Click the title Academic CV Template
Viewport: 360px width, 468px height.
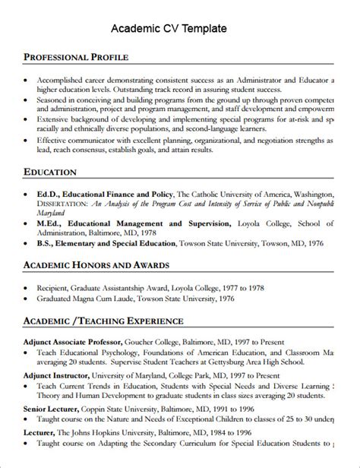point(169,29)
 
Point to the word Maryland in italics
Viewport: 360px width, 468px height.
point(53,214)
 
